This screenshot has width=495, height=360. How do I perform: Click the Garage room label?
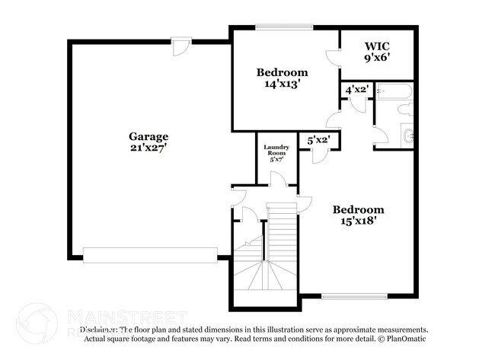tap(148, 137)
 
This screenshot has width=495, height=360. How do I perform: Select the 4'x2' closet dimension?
tap(357, 90)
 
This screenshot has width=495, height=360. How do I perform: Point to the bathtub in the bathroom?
tap(393, 91)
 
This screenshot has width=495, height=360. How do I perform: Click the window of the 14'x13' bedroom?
tap(284, 27)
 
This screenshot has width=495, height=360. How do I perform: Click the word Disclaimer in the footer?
tap(99, 330)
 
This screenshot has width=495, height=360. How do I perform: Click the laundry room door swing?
tap(278, 180)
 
